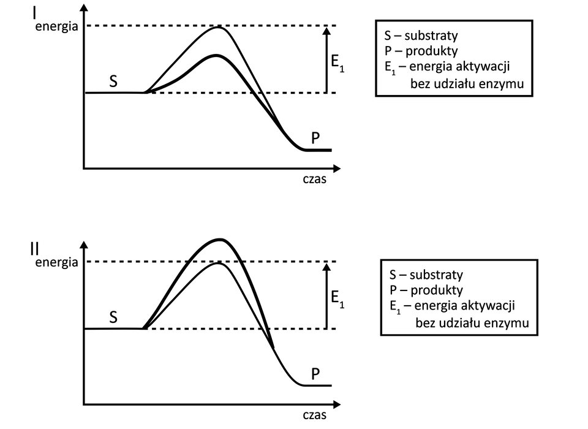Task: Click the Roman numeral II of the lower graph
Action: [35, 249]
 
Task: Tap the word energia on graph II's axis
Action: [56, 262]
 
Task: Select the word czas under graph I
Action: [314, 181]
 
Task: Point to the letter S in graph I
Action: [113, 82]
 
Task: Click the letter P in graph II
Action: [315, 374]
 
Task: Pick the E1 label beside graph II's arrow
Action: [337, 299]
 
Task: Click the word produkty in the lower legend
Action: [436, 290]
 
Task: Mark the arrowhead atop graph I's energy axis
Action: [84, 8]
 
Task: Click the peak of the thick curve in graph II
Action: [219, 240]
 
